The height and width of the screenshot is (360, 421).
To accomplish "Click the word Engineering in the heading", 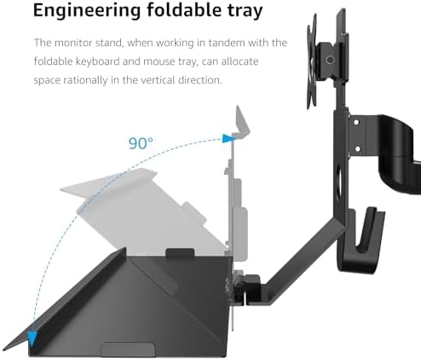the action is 87,11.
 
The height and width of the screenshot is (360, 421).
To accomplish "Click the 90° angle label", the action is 141,143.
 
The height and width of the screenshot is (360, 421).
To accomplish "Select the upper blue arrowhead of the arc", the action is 228,138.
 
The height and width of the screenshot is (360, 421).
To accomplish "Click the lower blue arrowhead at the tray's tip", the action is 32,338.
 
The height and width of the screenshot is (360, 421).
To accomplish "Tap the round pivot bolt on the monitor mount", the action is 330,60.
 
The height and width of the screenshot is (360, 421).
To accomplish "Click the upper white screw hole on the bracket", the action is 356,122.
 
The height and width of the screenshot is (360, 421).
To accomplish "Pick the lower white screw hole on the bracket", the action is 357,148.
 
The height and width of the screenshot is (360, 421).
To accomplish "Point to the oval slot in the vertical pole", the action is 338,182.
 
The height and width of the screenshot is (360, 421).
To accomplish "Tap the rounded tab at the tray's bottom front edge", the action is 128,350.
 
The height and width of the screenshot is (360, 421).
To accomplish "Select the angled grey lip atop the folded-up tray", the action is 241,122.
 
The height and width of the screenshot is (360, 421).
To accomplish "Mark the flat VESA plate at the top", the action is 312,62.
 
